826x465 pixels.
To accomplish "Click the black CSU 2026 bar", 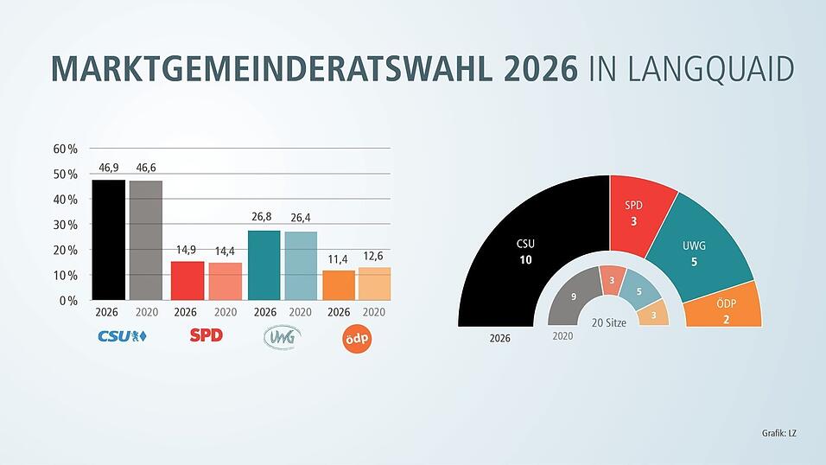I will tap(108, 239).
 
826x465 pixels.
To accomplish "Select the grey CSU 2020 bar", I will tap(145, 240).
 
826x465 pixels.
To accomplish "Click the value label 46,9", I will tap(108, 167).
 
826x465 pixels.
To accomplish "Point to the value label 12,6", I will tap(373, 256).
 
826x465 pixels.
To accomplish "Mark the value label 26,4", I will tap(300, 218).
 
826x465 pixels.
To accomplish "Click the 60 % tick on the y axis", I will tap(66, 149).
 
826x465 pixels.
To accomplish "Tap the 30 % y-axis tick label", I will tap(66, 225).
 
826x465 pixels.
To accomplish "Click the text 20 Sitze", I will tap(609, 322).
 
